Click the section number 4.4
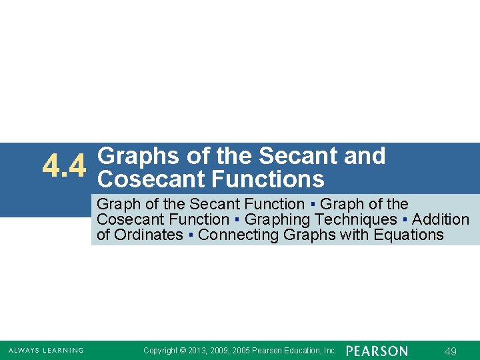[64, 167]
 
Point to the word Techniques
[355, 219]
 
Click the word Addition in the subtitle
[441, 219]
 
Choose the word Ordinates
[149, 235]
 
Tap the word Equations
[409, 235]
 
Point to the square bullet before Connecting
[191, 235]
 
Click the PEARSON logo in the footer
[377, 351]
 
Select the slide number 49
[450, 351]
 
